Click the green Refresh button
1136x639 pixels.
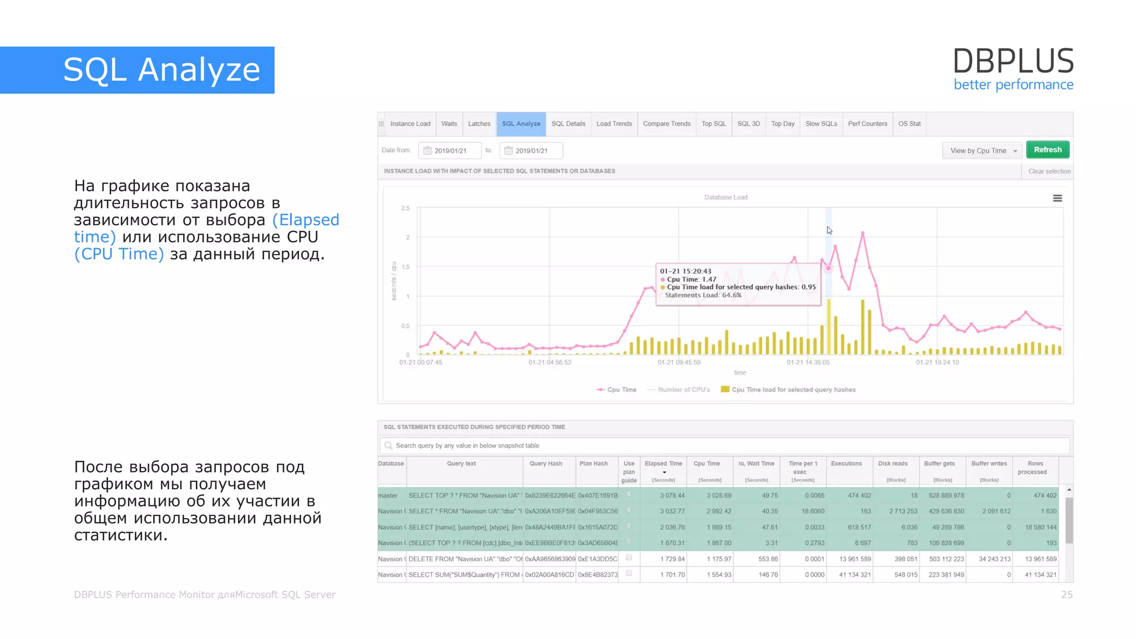tap(1047, 150)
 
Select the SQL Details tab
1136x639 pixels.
tap(568, 124)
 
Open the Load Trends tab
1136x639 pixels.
tap(614, 124)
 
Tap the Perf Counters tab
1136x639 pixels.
tap(867, 124)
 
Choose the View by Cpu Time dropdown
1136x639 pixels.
tap(982, 151)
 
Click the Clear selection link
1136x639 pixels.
tap(1049, 171)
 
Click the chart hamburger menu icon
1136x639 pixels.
tap(1057, 199)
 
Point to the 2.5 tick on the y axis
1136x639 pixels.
tap(405, 209)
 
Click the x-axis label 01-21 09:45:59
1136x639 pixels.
tap(679, 363)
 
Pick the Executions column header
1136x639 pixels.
tap(846, 464)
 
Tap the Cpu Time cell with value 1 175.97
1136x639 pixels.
tap(719, 559)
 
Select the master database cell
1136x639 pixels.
tap(388, 496)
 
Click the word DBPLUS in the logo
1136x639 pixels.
tap(1013, 61)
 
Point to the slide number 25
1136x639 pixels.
tap(1067, 595)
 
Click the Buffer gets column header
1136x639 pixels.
tap(939, 464)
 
